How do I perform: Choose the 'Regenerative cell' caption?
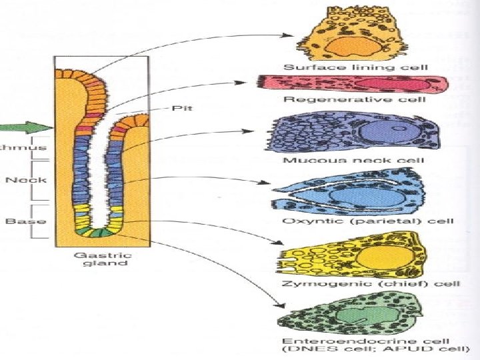click(x=355, y=99)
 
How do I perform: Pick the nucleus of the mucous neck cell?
click(x=377, y=133)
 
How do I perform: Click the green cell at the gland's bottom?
click(x=97, y=232)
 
